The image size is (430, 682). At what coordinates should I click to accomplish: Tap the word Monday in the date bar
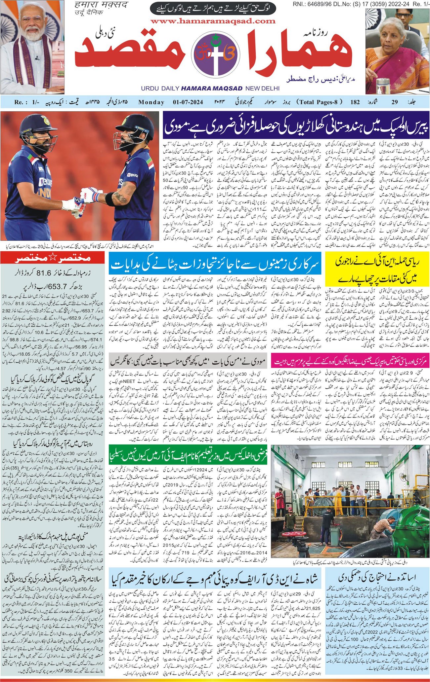[x=151, y=102]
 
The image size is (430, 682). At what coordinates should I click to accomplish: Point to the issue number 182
[x=355, y=102]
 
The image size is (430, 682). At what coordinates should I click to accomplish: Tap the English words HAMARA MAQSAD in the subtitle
[x=212, y=89]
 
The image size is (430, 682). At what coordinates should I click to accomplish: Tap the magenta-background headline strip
[x=350, y=361]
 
